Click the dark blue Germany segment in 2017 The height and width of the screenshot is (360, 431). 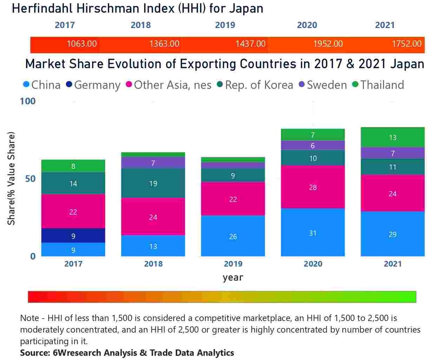click(73, 236)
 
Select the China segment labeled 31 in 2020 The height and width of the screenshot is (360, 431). click(313, 233)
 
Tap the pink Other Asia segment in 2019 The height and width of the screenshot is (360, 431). click(233, 199)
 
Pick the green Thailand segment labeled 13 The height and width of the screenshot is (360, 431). click(392, 137)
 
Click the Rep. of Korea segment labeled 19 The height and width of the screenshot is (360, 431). click(153, 183)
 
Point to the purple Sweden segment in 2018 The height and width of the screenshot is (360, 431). click(153, 163)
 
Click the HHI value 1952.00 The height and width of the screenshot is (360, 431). click(328, 44)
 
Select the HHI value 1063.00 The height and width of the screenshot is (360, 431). click(82, 44)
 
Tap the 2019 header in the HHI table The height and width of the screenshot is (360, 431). click(225, 25)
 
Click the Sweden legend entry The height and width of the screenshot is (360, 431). click(327, 85)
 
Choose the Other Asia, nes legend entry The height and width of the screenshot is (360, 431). click(172, 85)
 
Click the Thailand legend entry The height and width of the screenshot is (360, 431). click(382, 85)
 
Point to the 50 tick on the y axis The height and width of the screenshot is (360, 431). click(30, 179)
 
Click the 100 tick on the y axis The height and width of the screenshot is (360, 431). click(27, 101)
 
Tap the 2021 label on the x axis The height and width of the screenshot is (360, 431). click(392, 264)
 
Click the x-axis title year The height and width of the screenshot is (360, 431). click(233, 277)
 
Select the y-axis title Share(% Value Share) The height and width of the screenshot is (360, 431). click(12, 178)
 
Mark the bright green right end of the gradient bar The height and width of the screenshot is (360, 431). click(411, 297)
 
